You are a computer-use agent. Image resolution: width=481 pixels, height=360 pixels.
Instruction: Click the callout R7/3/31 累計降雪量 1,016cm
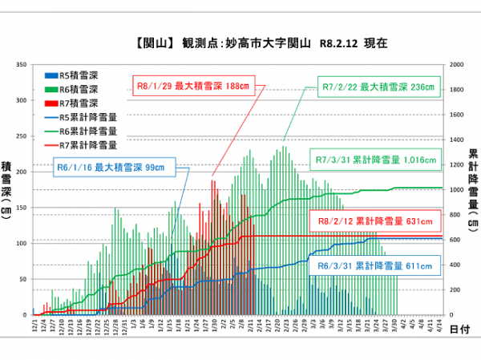coord(376,160)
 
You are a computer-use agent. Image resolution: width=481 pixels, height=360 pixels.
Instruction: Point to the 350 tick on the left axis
coord(23,65)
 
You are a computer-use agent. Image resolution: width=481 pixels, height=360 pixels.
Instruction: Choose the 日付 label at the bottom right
coord(459,329)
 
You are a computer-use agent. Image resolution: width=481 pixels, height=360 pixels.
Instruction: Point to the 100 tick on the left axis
coord(23,243)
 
